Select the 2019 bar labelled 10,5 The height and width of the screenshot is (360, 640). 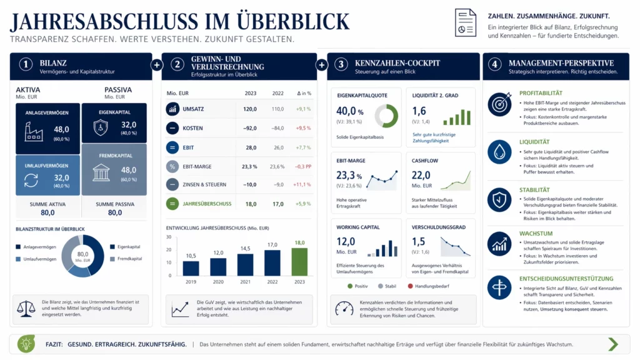191,268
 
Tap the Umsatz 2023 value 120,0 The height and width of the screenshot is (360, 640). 250,109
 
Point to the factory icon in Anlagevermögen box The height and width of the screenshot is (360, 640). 34,131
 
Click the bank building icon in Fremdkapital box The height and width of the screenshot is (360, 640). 101,172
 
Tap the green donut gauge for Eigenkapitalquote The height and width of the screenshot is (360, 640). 386,116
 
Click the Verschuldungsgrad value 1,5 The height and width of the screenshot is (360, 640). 419,241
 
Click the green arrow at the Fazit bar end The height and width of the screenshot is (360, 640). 612,344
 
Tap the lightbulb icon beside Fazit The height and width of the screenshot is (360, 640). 26,344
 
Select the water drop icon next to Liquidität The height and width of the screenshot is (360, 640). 499,152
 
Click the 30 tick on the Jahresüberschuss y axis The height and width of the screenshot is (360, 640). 169,237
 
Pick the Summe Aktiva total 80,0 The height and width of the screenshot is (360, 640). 48,213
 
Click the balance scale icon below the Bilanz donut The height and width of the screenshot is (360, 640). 26,307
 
